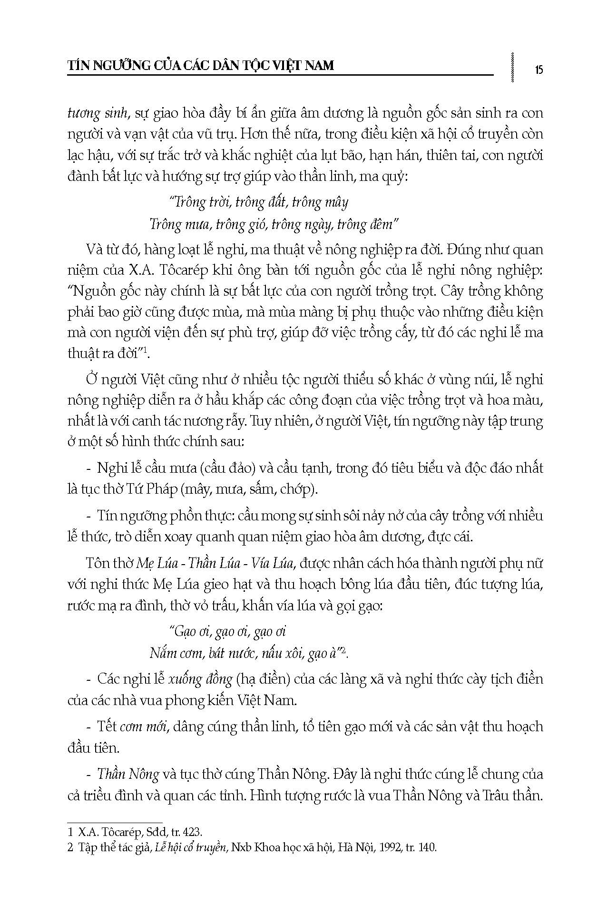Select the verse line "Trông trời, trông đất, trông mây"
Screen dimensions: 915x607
pyautogui.click(x=259, y=202)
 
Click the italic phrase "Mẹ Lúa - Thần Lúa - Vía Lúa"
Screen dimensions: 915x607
pyautogui.click(x=217, y=563)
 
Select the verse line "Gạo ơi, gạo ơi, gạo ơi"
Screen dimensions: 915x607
pyautogui.click(x=227, y=631)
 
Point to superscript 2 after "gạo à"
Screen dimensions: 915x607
pyautogui.click(x=345, y=650)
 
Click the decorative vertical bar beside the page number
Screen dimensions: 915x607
pyautogui.click(x=512, y=67)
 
